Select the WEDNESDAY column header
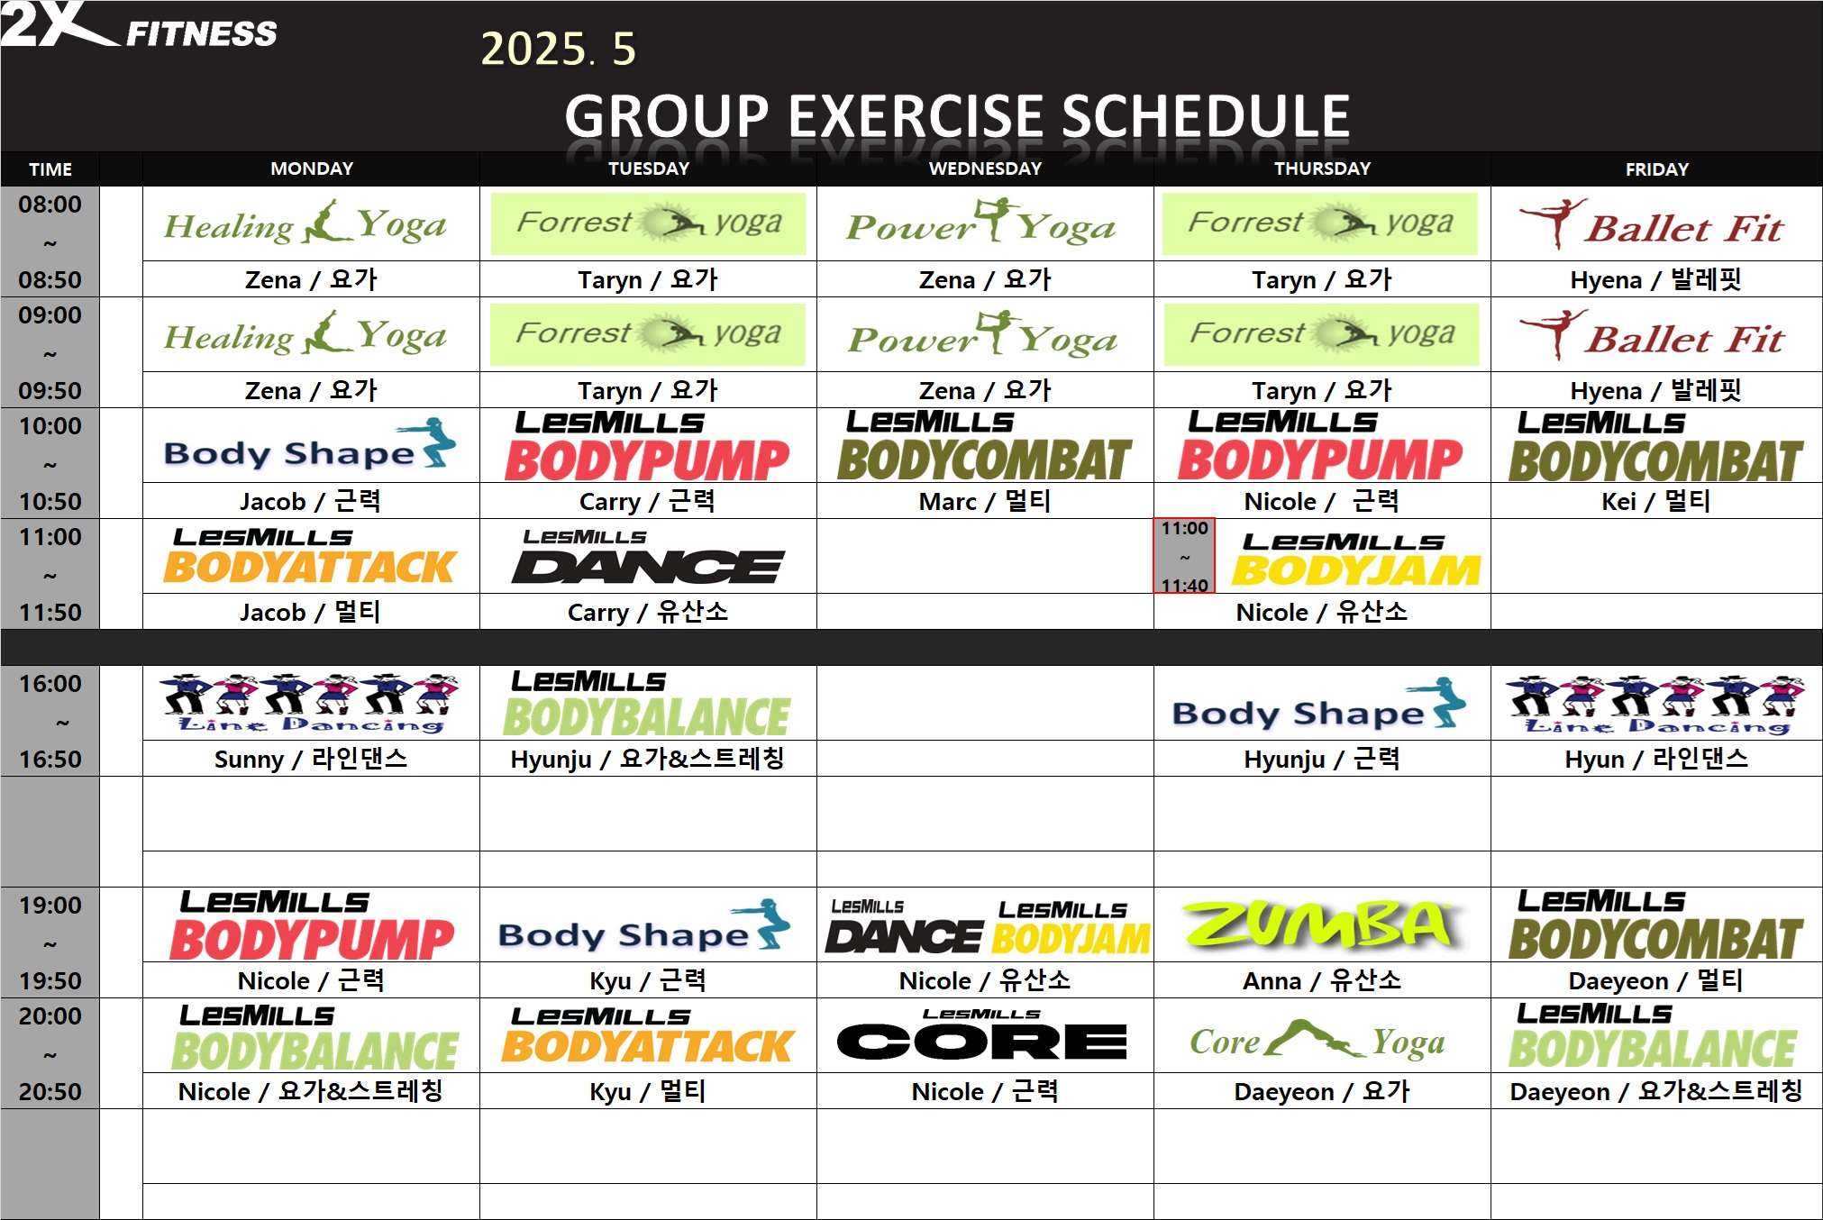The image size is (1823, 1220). (985, 168)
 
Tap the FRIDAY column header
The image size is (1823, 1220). (1656, 169)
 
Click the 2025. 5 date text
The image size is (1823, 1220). (558, 49)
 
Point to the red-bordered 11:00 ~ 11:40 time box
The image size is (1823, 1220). (1184, 556)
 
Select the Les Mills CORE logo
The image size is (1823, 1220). (982, 1034)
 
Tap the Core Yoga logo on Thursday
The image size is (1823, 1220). (1317, 1040)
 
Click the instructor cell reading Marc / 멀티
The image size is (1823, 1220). (985, 501)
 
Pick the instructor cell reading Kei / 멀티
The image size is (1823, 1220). (1656, 501)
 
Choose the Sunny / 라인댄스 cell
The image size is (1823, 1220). (311, 759)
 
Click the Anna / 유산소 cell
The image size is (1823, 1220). (1322, 980)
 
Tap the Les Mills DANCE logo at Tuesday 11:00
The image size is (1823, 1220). (648, 556)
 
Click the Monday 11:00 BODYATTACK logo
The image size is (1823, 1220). (309, 556)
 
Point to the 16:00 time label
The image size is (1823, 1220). (50, 684)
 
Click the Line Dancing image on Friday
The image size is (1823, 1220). (1656, 705)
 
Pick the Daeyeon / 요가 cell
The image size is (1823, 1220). (1322, 1091)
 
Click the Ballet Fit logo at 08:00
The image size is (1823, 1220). (1651, 223)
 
